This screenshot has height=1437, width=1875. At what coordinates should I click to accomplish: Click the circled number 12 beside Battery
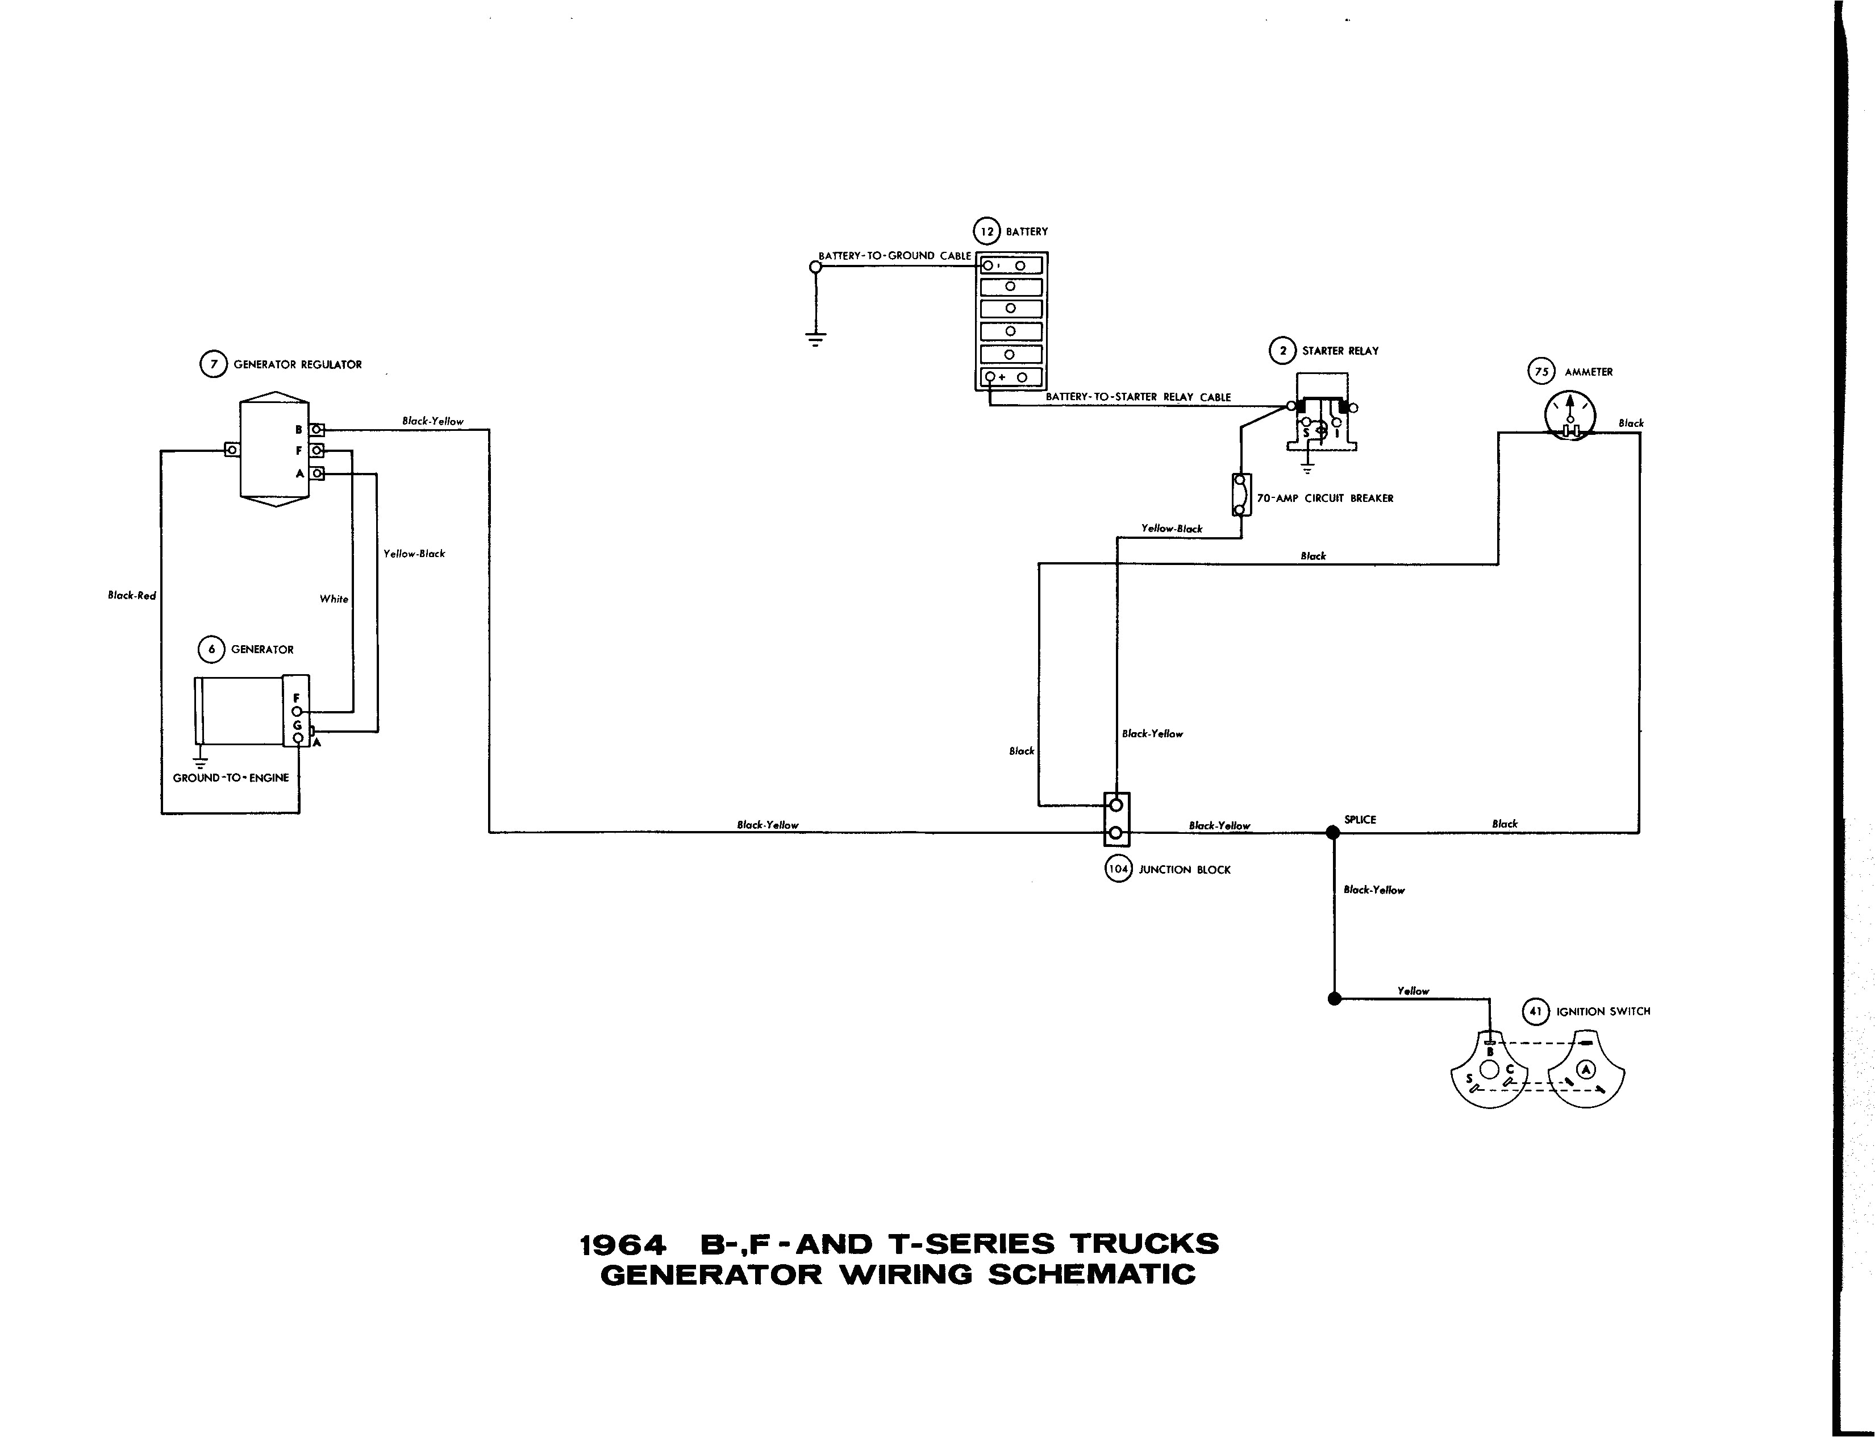(987, 231)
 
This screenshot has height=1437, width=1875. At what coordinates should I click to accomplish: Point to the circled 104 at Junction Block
(1118, 869)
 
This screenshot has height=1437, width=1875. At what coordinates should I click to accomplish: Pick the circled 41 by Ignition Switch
(1536, 1011)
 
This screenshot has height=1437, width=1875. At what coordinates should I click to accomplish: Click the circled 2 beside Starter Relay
(1282, 351)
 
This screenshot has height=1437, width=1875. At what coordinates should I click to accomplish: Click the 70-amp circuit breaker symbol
(1240, 495)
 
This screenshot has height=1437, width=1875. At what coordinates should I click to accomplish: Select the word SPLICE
(1360, 820)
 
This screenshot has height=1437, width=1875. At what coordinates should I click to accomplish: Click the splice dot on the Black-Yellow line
(1332, 832)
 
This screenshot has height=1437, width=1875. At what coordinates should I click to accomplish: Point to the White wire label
(334, 599)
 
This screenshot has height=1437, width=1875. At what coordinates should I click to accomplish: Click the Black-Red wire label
(132, 595)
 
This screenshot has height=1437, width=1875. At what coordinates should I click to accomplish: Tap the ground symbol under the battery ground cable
(816, 339)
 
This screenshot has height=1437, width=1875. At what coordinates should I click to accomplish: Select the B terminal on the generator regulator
(316, 429)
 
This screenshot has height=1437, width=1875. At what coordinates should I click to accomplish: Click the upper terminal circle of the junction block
(1116, 805)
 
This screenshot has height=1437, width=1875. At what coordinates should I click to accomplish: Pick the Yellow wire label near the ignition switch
(1413, 991)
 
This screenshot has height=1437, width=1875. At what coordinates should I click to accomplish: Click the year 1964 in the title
(622, 1244)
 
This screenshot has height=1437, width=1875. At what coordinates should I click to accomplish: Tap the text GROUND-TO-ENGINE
(231, 778)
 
